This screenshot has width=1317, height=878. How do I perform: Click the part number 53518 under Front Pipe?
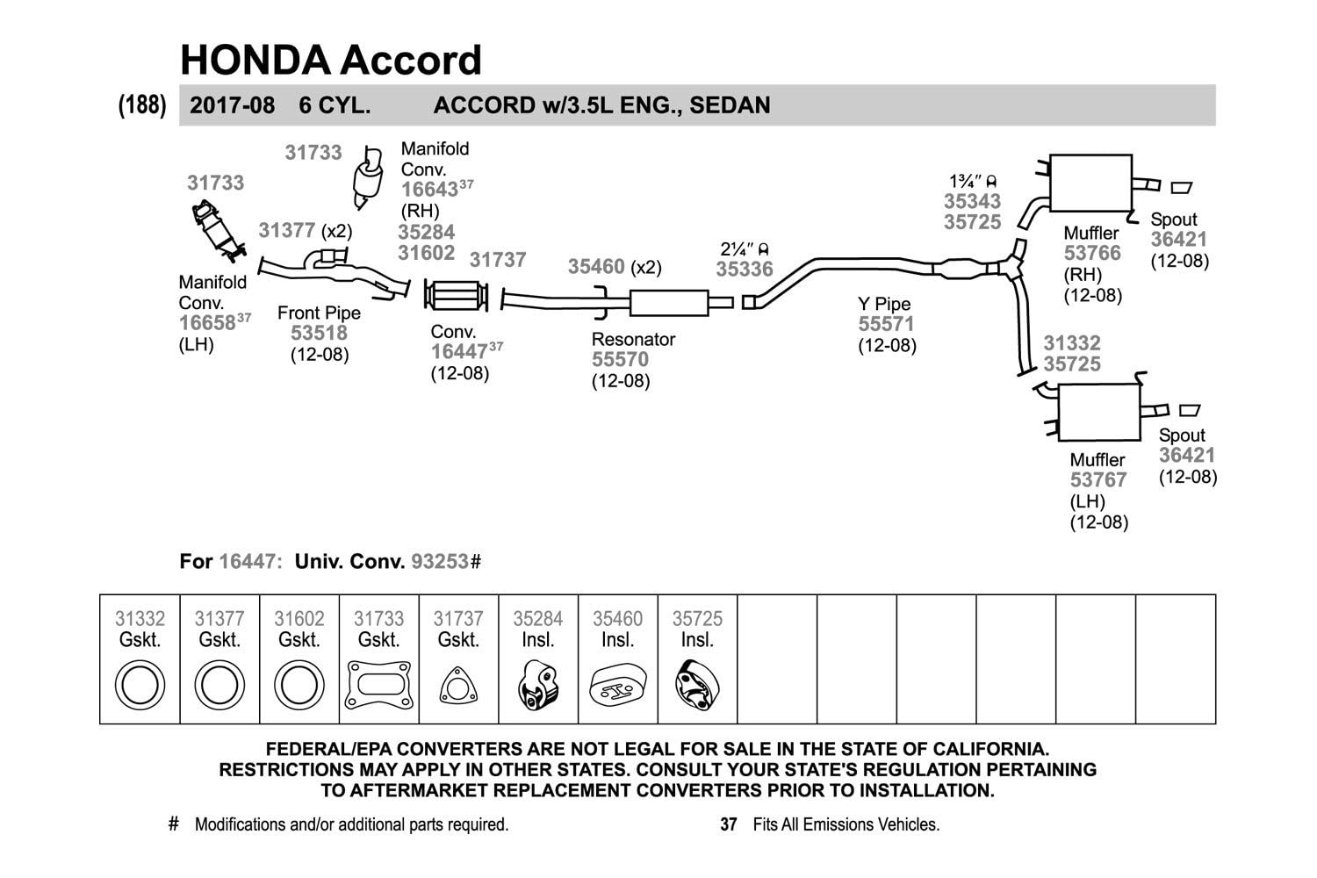coord(319,333)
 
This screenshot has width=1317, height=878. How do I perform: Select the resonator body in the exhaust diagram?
coord(669,303)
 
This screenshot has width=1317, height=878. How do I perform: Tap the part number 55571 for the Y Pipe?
coord(886,324)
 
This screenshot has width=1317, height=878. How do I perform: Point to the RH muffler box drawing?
coord(1090,183)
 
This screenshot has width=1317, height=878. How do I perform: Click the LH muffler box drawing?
coord(1099,413)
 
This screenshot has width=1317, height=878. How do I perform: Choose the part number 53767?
coord(1098,480)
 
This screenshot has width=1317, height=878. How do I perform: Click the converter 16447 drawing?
coord(457,296)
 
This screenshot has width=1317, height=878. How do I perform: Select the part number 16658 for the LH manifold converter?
coord(207,323)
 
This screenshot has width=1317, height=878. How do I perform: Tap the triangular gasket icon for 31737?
coord(458,686)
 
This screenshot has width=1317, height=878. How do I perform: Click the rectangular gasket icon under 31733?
coord(378,685)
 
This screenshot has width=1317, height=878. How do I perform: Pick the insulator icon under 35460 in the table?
coord(618,685)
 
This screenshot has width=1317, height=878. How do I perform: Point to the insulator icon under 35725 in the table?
coord(697,686)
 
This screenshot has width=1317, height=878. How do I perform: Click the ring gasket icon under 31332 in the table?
coord(140,685)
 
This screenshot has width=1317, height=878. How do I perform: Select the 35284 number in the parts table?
coord(538,619)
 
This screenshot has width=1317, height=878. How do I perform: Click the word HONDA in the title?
coord(255,60)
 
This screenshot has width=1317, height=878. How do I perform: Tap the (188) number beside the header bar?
coord(142,105)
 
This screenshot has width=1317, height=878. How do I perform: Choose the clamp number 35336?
coord(745,270)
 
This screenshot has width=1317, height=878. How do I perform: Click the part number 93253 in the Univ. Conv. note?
coord(440,562)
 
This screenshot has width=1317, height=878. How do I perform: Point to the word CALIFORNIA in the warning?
coord(990,749)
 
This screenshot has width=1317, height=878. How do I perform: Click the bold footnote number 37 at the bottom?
coord(729,824)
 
